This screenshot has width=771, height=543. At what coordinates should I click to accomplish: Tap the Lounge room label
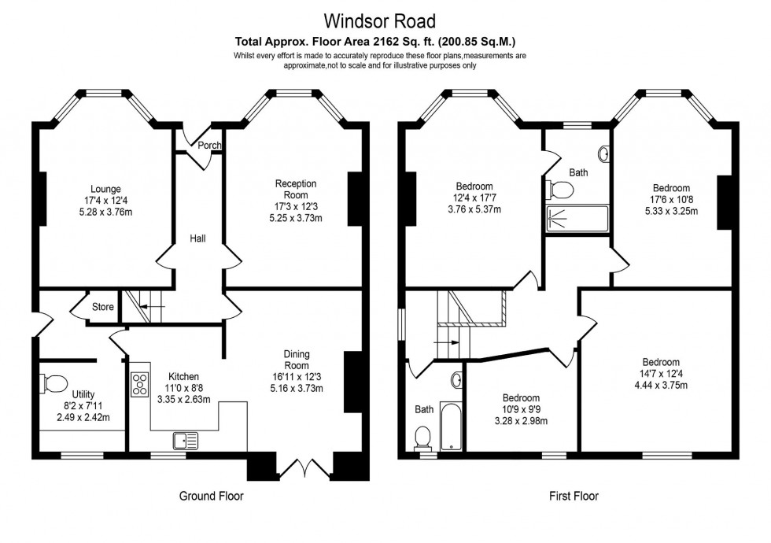(105, 189)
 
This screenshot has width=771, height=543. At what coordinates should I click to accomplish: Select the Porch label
(208, 146)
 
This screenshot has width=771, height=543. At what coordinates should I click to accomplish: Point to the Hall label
(197, 238)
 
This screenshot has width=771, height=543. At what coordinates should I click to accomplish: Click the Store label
(103, 307)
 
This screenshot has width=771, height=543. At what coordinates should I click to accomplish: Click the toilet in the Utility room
(53, 384)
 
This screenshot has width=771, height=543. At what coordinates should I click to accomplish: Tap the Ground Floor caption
(211, 497)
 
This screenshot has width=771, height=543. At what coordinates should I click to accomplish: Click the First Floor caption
(574, 497)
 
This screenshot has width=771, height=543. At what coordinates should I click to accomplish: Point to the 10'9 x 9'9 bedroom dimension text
(522, 409)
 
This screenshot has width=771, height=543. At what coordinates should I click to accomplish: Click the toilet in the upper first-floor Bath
(561, 189)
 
